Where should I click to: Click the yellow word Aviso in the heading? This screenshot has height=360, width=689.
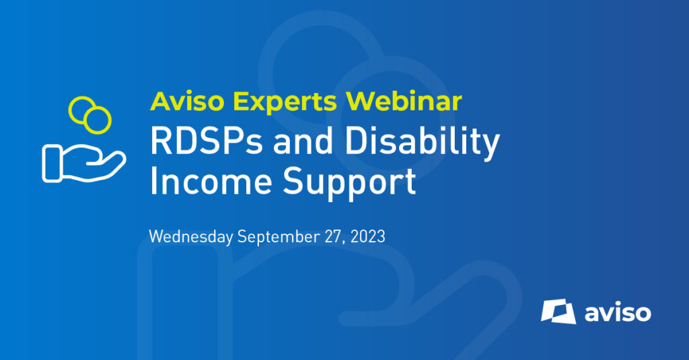187,101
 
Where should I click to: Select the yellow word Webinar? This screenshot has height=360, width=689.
404,101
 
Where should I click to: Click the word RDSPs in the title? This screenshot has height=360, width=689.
206,141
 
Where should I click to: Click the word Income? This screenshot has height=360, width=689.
211,181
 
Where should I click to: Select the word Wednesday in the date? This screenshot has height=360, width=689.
190,236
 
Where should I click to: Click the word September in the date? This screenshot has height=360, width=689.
279,237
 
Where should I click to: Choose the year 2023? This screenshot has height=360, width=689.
368,236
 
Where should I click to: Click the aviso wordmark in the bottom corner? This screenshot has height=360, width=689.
618,313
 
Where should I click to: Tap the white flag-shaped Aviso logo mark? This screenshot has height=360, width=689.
558,312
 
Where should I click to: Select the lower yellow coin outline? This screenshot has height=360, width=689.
98,120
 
